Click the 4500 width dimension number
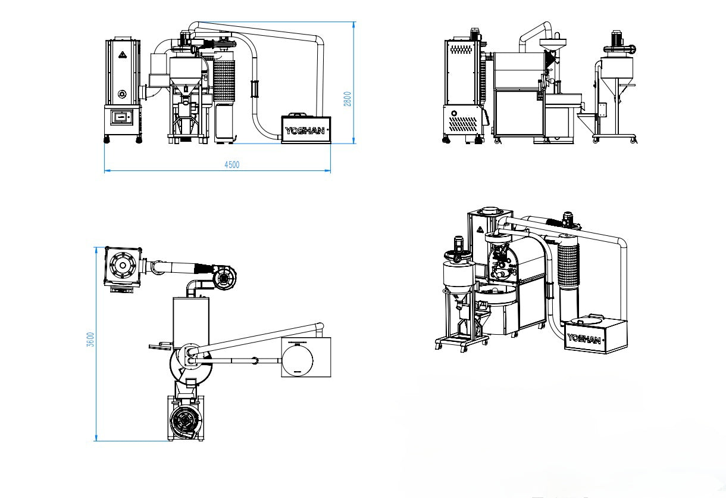232,164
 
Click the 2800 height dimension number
347,99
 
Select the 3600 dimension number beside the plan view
90,340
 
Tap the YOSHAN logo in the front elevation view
305,130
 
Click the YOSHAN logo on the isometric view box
584,339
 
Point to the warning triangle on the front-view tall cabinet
122,55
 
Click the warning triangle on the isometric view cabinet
480,230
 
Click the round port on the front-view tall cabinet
122,94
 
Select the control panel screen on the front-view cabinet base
121,117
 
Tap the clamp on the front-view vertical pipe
255,89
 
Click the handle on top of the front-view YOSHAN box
296,114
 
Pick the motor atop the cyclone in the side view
617,38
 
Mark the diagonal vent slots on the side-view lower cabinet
463,124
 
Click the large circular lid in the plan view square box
298,359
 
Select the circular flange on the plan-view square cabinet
123,266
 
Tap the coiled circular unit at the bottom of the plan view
184,421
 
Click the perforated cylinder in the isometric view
568,265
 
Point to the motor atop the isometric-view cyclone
458,244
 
